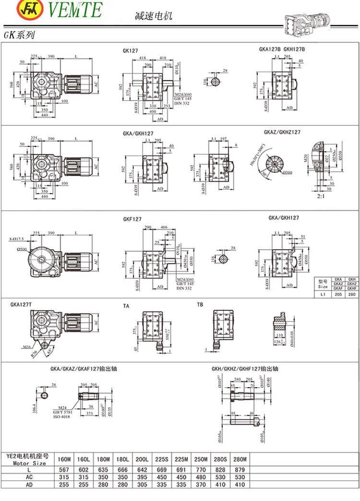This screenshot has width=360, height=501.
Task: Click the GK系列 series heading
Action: click(x=19, y=36)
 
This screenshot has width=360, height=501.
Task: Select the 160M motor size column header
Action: click(x=64, y=460)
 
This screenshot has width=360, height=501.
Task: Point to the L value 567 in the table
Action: click(x=64, y=469)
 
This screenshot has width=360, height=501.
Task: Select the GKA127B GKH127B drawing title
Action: click(x=282, y=49)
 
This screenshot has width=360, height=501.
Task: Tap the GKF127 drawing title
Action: click(x=132, y=219)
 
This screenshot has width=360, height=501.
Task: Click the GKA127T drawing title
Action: click(x=21, y=304)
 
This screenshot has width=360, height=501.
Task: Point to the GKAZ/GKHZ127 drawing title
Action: click(x=282, y=132)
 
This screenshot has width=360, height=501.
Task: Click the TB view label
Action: click(x=200, y=305)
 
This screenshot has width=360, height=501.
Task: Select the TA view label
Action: click(x=126, y=305)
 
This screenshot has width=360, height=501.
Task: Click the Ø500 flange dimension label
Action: click(x=22, y=249)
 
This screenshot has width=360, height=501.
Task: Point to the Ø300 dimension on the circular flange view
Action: click(x=274, y=172)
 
